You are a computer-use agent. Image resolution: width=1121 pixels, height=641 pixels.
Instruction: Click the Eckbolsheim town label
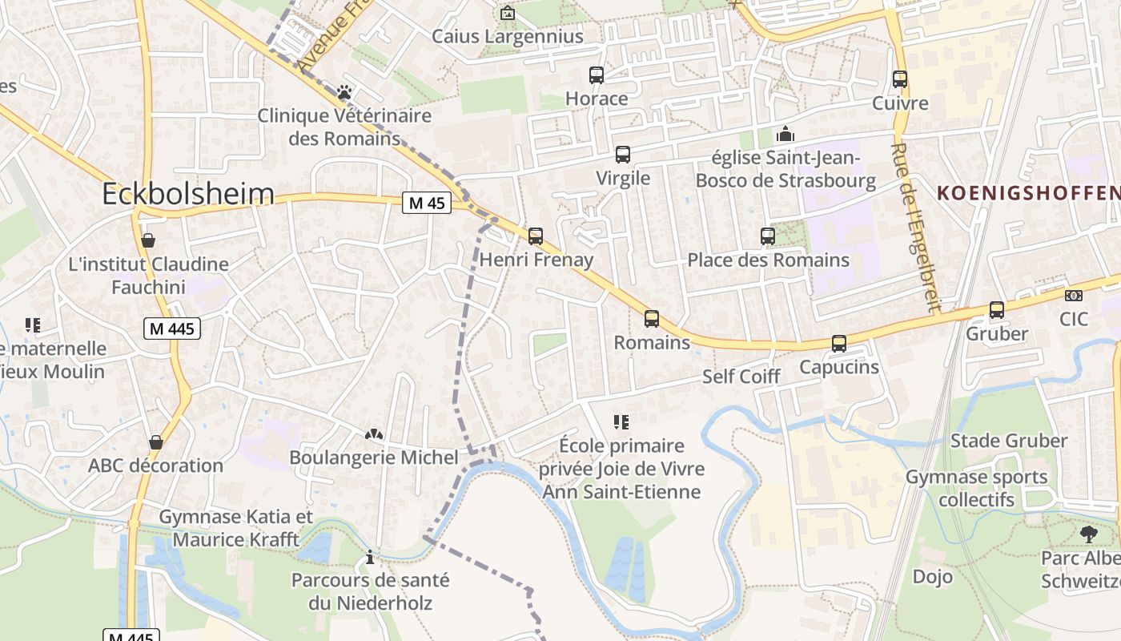click(x=188, y=194)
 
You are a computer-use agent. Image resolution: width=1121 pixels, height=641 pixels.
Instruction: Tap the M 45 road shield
click(x=426, y=204)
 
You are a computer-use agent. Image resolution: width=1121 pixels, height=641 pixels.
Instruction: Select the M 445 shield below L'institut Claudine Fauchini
click(x=172, y=328)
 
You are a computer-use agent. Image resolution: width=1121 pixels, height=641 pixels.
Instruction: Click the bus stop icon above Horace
click(x=597, y=75)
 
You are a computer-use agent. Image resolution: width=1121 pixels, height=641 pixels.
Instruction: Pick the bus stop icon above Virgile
click(x=623, y=155)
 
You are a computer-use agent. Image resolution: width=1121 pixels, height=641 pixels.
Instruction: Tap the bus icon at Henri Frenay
click(x=536, y=236)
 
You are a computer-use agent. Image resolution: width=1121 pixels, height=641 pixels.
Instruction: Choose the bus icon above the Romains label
click(x=652, y=319)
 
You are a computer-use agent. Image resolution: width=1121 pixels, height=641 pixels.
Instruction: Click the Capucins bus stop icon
click(x=839, y=344)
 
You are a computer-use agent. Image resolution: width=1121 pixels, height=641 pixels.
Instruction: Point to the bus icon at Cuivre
click(x=900, y=79)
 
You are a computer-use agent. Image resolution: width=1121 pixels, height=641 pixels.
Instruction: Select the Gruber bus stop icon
click(x=997, y=310)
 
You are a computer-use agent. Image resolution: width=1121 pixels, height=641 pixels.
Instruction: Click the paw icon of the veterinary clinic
click(x=344, y=92)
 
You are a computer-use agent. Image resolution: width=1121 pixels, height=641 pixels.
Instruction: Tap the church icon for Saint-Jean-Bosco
click(x=786, y=134)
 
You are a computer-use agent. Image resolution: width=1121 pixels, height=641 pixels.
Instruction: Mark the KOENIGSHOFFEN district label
click(x=1028, y=193)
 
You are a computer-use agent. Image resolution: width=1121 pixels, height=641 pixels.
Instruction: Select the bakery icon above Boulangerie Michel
click(x=373, y=434)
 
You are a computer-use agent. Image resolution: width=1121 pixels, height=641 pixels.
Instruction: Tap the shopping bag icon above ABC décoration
click(x=156, y=442)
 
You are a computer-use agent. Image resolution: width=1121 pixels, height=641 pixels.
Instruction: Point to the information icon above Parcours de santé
click(x=370, y=556)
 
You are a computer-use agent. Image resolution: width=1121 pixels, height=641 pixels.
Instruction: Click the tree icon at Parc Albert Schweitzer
click(x=1088, y=534)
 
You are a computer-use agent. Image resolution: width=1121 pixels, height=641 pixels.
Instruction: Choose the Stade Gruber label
click(x=1008, y=441)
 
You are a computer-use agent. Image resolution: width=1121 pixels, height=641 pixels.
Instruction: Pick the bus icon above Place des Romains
click(x=768, y=236)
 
